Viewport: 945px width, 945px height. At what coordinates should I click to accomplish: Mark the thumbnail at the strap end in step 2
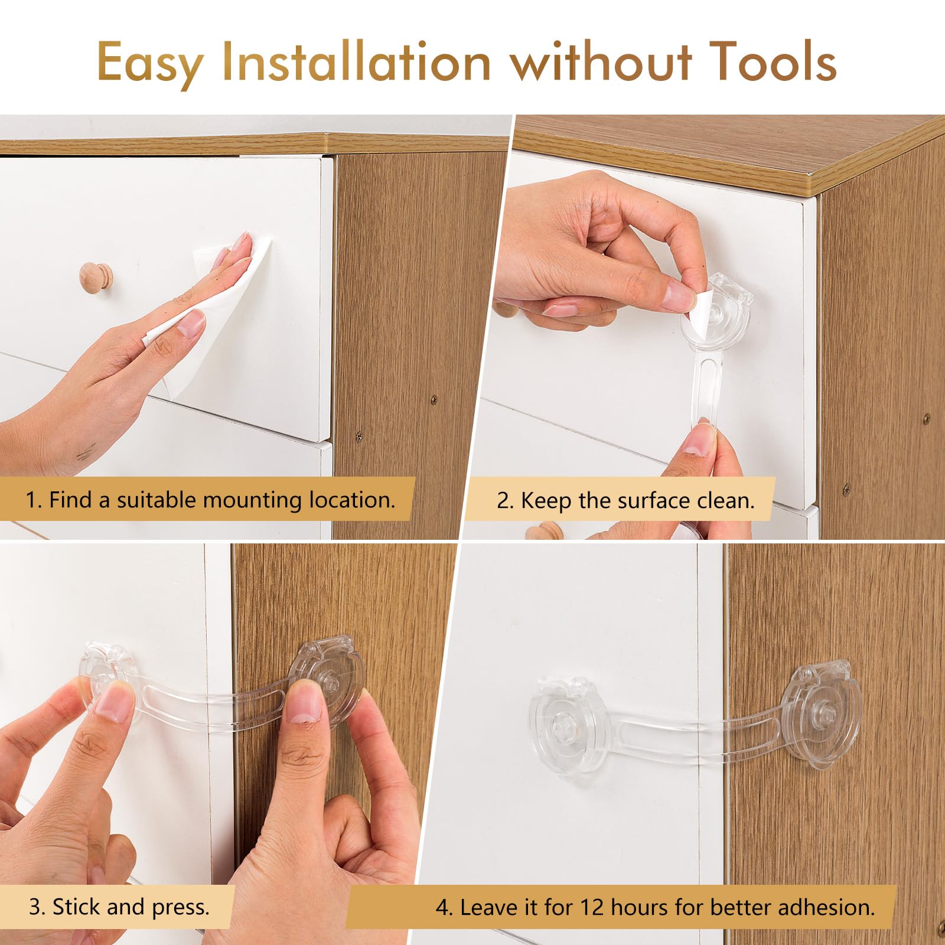point(699,441)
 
